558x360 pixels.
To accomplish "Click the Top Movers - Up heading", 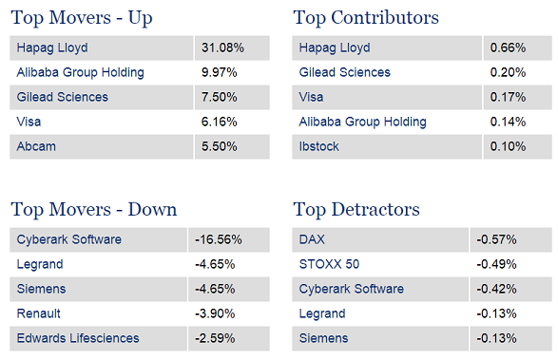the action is click(82, 18).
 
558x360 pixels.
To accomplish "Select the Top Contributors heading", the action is click(366, 18).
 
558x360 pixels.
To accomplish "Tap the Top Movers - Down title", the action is click(94, 210).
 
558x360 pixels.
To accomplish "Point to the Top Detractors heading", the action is click(356, 210).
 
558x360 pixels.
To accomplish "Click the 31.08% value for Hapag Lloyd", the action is click(222, 47).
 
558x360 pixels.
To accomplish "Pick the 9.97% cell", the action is click(220, 72).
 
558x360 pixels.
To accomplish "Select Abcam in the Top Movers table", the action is click(36, 146).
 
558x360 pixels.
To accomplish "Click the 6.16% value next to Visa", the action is click(220, 122).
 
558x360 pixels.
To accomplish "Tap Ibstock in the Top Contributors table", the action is click(318, 146).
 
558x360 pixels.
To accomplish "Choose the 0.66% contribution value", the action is click(508, 47).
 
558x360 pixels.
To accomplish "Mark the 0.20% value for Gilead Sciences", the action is click(508, 72).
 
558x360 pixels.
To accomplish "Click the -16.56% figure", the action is click(219, 239).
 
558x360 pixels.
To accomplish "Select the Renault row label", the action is click(38, 313).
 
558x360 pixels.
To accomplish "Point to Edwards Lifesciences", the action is click(78, 338).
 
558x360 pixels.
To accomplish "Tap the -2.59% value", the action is click(215, 338).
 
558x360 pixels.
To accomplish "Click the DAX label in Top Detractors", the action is click(312, 239).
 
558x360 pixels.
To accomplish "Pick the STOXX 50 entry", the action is click(329, 264).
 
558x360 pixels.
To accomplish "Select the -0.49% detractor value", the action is click(497, 264).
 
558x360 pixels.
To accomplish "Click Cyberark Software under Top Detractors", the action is click(352, 289).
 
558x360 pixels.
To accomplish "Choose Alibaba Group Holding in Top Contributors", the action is click(362, 122).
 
